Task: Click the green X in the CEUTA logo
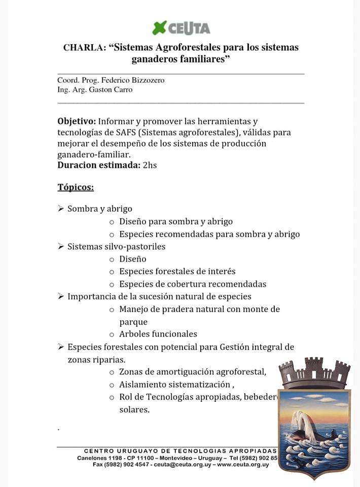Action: click(160, 27)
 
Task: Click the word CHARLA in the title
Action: click(85, 48)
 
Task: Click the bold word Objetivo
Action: click(77, 122)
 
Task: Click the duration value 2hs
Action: click(150, 165)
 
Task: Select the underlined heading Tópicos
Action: click(76, 187)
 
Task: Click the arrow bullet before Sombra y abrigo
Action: click(60, 208)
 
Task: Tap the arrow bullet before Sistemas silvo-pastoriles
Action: click(60, 247)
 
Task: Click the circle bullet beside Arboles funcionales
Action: click(112, 334)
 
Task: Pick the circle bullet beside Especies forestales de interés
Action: click(112, 272)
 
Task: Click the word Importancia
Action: click(92, 296)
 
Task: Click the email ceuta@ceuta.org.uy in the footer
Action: click(183, 465)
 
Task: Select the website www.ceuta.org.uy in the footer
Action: click(243, 465)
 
